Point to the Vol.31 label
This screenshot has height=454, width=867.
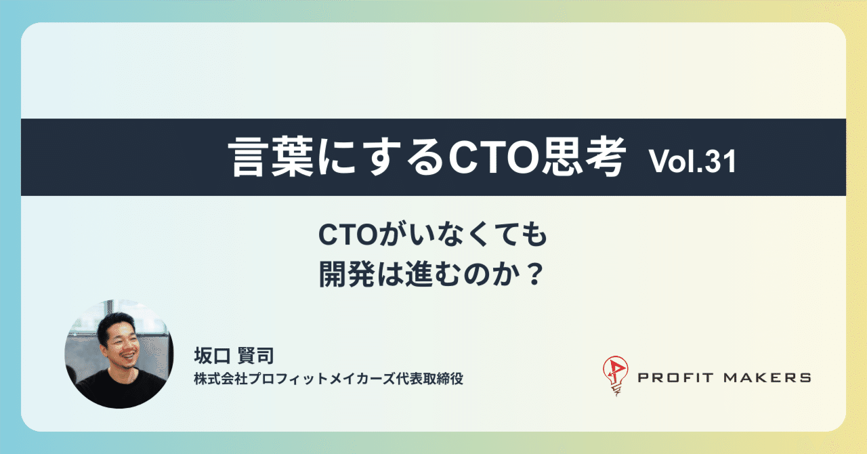tap(692, 162)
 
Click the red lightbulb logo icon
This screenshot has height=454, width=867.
tap(614, 376)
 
